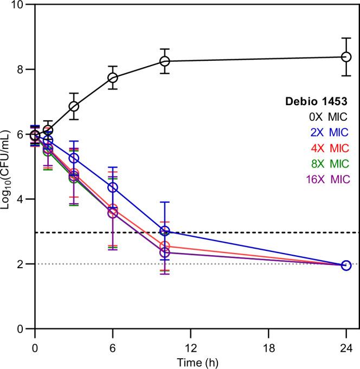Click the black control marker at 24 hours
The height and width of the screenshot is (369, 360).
[x=346, y=57]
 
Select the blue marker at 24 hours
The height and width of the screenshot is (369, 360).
[x=346, y=266]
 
